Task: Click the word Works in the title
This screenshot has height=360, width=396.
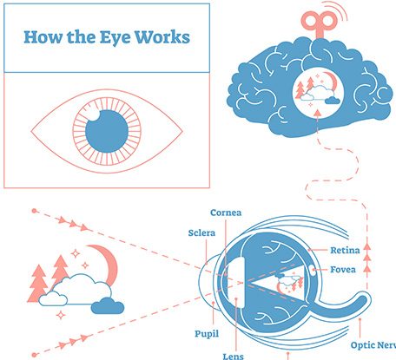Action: click(162, 37)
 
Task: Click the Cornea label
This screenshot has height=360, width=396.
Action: click(226, 213)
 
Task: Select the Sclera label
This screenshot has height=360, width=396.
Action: click(201, 232)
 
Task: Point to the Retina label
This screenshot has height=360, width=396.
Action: click(345, 250)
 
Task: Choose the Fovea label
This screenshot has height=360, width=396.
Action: click(343, 270)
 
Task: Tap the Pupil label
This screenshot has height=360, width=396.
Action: click(207, 334)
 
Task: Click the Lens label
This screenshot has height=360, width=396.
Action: click(234, 356)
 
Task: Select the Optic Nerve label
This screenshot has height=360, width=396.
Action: click(373, 345)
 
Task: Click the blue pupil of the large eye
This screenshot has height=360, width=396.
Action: click(107, 131)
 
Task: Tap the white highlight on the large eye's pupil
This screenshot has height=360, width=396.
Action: click(93, 115)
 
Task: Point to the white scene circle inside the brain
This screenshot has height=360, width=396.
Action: click(318, 91)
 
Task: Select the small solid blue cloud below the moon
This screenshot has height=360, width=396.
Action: click(108, 306)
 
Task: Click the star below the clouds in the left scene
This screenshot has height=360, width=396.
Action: click(61, 315)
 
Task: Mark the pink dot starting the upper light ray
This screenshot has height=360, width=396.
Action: click(34, 211)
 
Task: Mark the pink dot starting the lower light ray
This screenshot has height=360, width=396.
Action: click(34, 355)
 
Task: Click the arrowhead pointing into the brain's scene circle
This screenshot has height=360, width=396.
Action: click(318, 113)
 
